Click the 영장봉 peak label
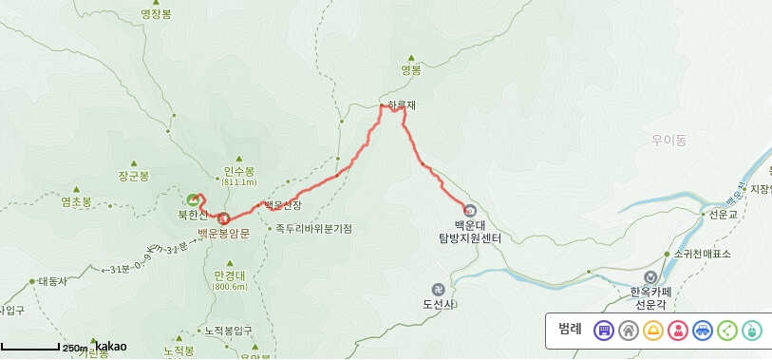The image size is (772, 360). click(156, 14)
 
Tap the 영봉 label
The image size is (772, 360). click(410, 69)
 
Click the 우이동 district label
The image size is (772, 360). click(668, 140)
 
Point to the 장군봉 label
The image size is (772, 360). click(134, 176)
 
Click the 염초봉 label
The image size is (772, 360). click(76, 201)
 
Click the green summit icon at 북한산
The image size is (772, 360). click(194, 200)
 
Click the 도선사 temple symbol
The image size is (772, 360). click(438, 289)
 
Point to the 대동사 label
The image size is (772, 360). click(52, 281)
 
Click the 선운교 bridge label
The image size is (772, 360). click(724, 215)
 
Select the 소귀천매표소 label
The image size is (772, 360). click(702, 254)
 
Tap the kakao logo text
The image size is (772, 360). click(110, 347)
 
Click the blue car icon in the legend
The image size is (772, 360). click(703, 331)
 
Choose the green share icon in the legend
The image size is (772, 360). click(727, 331)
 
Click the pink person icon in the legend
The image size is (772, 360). click(678, 331)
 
